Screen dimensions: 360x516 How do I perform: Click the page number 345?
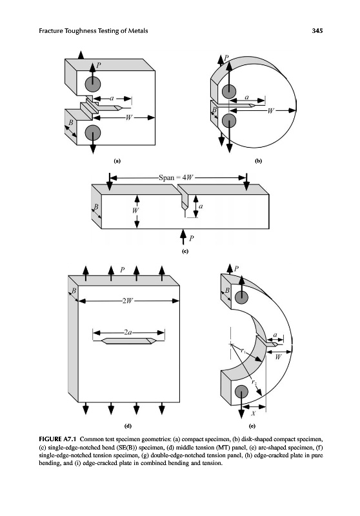(x=317, y=31)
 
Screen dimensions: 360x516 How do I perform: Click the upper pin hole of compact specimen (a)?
(x=93, y=84)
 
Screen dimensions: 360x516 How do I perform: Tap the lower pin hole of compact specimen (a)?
(x=93, y=133)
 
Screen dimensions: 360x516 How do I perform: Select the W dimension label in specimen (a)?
(x=128, y=117)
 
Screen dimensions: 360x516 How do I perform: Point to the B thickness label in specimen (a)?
(x=70, y=123)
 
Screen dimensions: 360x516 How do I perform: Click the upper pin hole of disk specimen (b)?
(x=228, y=91)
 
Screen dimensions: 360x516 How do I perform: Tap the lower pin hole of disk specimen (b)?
(x=228, y=121)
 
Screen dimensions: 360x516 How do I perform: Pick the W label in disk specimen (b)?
(x=270, y=110)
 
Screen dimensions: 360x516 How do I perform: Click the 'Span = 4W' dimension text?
(x=175, y=178)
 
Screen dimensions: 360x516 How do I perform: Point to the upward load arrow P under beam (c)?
(x=183, y=237)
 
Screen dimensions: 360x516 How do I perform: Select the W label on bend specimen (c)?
(x=135, y=210)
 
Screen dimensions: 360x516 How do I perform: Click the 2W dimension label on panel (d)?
(x=128, y=301)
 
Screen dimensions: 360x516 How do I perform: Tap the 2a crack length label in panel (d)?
(x=128, y=333)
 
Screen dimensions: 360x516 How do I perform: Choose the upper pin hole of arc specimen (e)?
(x=241, y=297)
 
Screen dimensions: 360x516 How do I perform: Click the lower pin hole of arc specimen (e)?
(x=241, y=392)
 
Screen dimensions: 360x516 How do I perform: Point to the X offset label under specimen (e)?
(x=254, y=413)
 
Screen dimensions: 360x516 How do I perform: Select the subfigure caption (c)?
(x=185, y=252)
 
